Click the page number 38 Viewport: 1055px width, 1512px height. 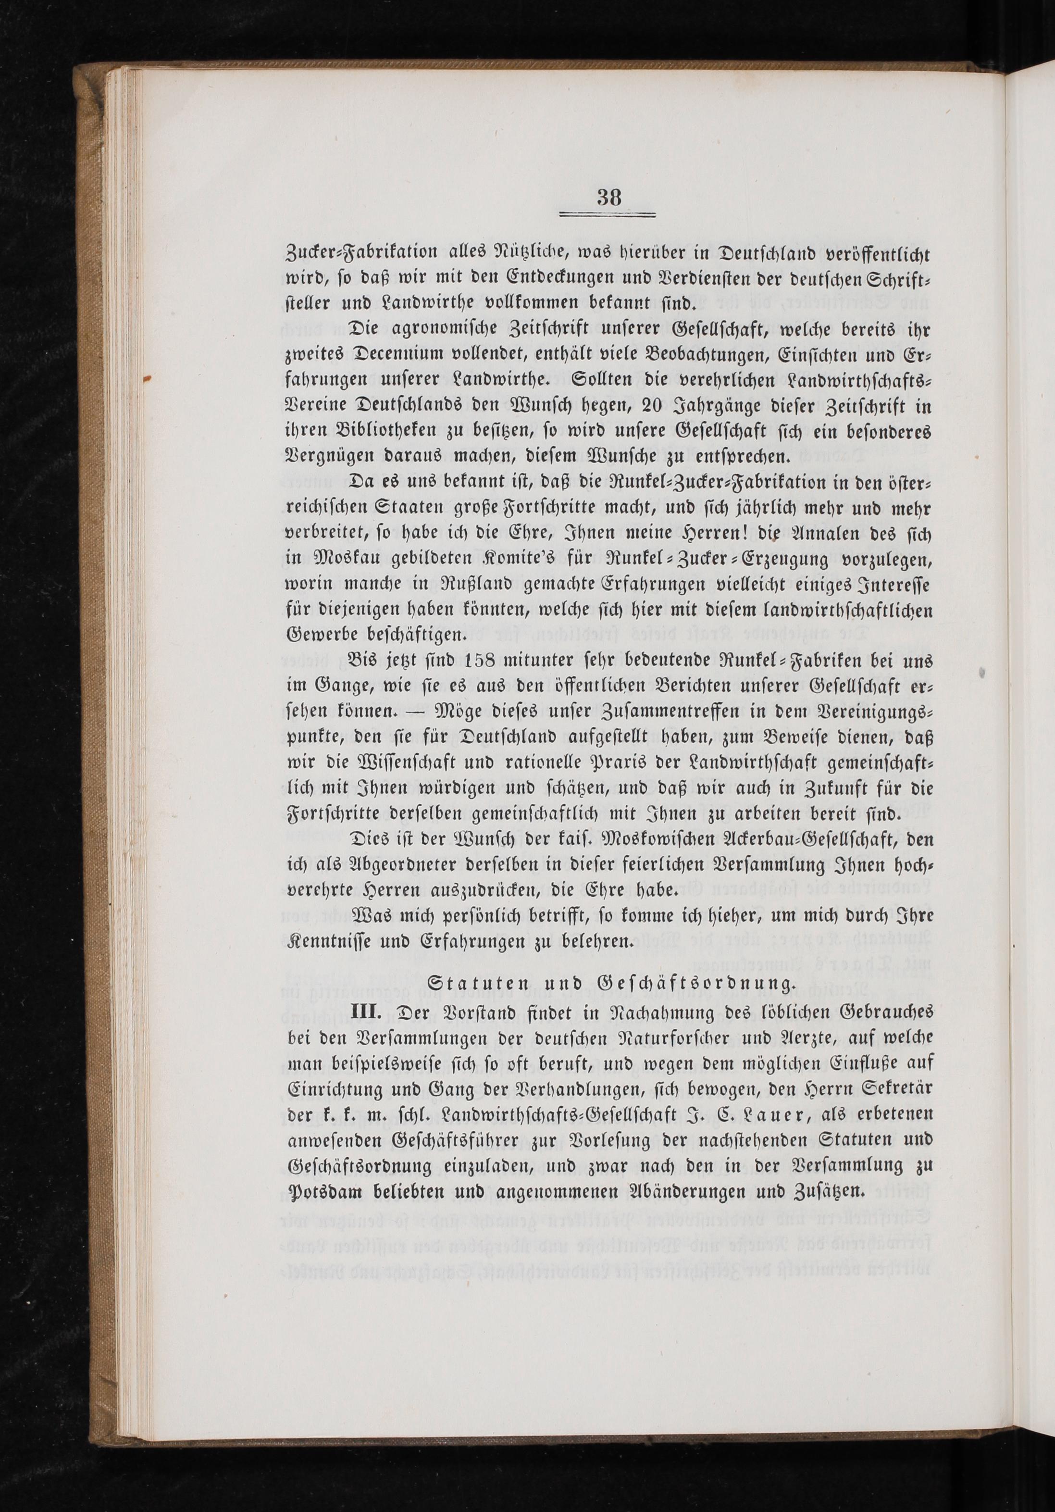click(609, 197)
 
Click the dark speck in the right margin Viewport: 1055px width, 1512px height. click(982, 673)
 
